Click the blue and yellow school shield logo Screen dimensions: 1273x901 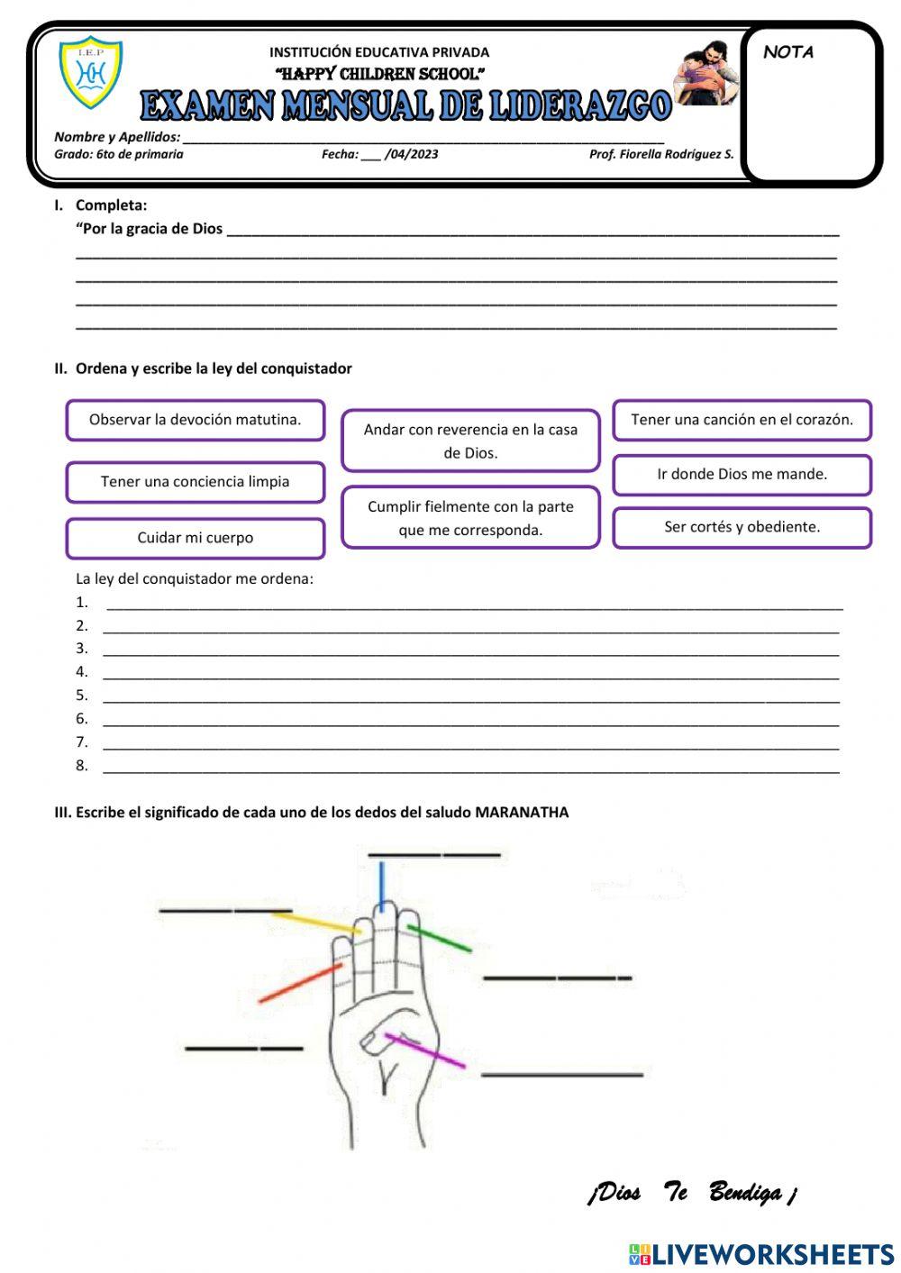coord(90,72)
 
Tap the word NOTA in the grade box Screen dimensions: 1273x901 coord(788,52)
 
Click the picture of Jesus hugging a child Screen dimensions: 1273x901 coord(705,74)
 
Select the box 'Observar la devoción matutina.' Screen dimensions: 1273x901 coord(195,420)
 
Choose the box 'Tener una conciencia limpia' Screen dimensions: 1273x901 coord(195,482)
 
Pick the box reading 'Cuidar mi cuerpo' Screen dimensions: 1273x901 coord(195,538)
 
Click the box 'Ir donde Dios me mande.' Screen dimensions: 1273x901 coord(742,474)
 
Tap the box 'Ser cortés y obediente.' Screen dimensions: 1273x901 coord(742,527)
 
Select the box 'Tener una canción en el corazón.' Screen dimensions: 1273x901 coord(742,420)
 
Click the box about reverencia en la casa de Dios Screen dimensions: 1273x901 coord(470,441)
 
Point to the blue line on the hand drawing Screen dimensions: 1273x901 coord(382,887)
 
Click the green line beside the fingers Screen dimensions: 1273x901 coord(439,938)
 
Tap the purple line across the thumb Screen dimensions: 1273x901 coord(424,1051)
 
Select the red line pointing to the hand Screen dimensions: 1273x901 coord(300,983)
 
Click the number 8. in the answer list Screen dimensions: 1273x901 coord(82,766)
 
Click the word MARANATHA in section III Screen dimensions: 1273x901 coord(522,813)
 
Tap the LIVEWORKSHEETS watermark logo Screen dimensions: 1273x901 coord(760,1254)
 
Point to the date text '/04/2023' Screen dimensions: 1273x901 coord(412,154)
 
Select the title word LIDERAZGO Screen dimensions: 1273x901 coord(581,106)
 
